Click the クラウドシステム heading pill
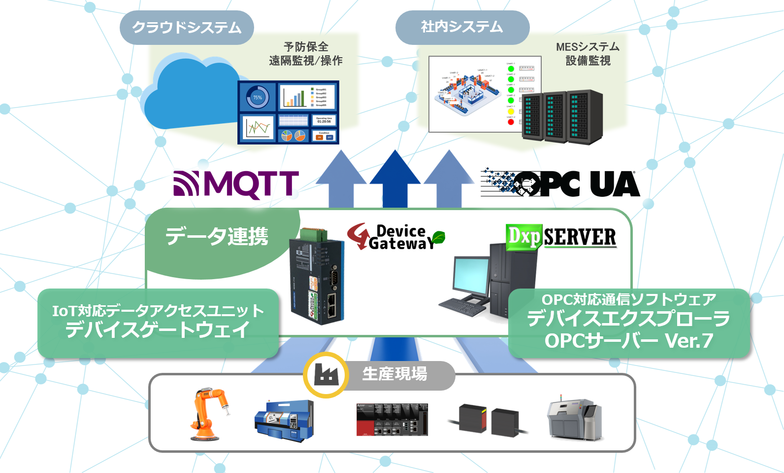click(x=187, y=28)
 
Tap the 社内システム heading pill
click(x=462, y=27)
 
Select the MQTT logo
click(x=236, y=184)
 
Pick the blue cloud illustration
click(x=192, y=94)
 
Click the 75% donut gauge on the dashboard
click(x=258, y=98)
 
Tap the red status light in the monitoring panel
click(x=511, y=122)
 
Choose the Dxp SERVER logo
click(x=561, y=237)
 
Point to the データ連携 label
click(x=217, y=236)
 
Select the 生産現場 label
click(x=395, y=374)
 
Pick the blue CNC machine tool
click(x=284, y=420)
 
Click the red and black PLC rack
click(x=392, y=420)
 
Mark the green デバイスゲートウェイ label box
click(x=158, y=323)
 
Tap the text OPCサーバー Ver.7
click(x=629, y=341)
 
